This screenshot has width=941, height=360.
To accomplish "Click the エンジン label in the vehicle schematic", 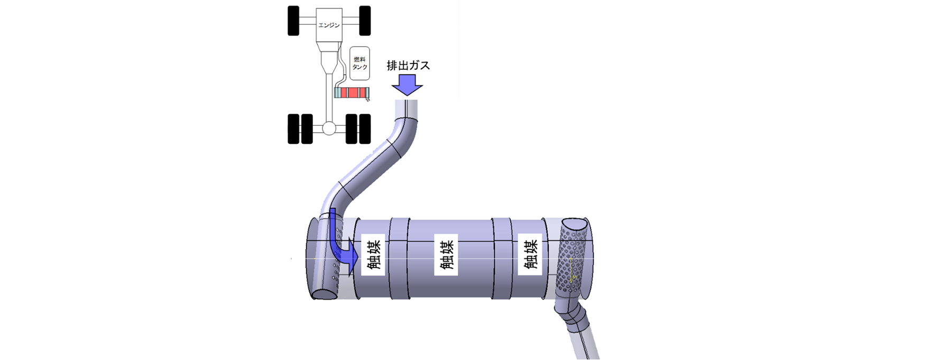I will [329, 25].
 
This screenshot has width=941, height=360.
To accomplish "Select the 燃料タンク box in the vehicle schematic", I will [359, 63].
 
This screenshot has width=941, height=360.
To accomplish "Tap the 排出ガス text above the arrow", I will [408, 66].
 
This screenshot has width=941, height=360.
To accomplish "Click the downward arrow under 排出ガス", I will [407, 85].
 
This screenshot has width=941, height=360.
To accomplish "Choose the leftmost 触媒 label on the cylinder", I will [373, 254].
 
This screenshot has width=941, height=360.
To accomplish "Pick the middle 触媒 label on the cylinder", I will [446, 254].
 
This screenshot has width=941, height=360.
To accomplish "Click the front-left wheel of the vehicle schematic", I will [293, 21].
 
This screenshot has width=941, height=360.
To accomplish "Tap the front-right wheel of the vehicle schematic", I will [365, 21].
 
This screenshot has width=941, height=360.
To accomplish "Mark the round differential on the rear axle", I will [329, 128].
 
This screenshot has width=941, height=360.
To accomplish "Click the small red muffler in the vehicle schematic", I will [352, 93].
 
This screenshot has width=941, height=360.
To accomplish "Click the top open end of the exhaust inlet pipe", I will [407, 101].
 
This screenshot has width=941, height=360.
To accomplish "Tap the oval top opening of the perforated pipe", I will [574, 225].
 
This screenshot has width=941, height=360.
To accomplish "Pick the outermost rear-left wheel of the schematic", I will [293, 128].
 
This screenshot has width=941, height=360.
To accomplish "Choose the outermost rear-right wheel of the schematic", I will [365, 128].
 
